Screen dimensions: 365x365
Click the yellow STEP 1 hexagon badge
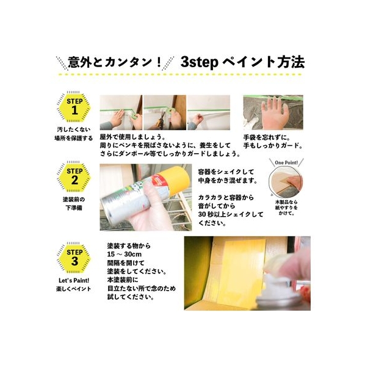coord(74,107)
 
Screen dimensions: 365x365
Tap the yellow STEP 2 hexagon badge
coord(74,177)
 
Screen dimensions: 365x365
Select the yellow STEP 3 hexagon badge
coord(74,258)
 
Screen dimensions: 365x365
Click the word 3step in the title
coord(199,62)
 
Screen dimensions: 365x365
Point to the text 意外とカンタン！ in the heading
coord(115,62)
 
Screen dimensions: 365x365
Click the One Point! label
coord(286,162)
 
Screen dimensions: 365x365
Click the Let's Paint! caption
coord(74,281)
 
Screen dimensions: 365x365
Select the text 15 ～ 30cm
coord(125,254)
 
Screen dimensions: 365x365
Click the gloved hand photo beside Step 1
coord(273,112)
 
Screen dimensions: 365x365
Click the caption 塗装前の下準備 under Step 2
coord(74,203)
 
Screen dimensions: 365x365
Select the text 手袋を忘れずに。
coord(267,137)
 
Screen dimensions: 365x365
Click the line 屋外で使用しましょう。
coord(132,137)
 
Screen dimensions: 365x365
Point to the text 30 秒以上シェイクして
coord(231,214)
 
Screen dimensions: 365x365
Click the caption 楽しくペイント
coord(74,289)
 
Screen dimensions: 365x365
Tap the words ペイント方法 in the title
coord(264,62)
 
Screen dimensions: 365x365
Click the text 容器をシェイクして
coord(226,172)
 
